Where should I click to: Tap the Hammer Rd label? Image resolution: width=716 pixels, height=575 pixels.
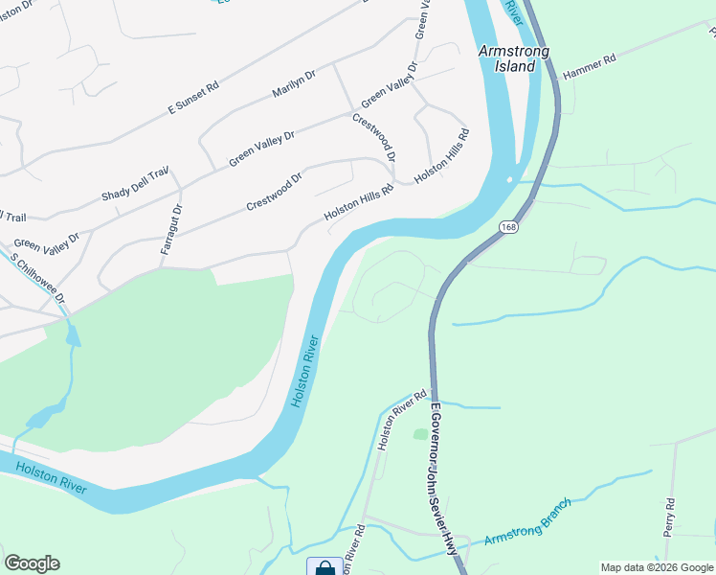coord(589,66)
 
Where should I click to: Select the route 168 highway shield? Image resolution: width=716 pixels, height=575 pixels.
coord(507,226)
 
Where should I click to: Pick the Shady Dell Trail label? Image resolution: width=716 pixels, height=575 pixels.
coord(134,184)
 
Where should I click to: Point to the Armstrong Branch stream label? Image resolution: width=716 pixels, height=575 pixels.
coord(527,523)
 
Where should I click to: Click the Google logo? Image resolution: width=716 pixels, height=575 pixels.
coord(32,563)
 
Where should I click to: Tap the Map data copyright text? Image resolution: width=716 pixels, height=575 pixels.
coord(656,567)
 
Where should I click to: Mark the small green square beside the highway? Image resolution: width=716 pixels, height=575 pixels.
coord(419,434)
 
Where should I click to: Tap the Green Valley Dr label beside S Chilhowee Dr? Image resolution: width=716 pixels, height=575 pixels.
coord(46,244)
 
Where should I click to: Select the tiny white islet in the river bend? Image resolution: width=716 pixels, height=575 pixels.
coord(510,178)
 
